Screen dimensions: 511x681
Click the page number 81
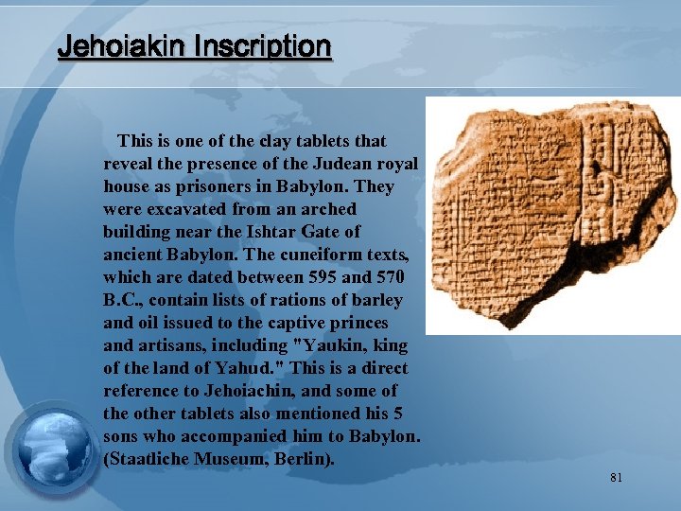click(x=617, y=478)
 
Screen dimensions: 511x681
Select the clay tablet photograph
click(x=553, y=216)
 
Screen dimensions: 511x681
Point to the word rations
click(x=296, y=299)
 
